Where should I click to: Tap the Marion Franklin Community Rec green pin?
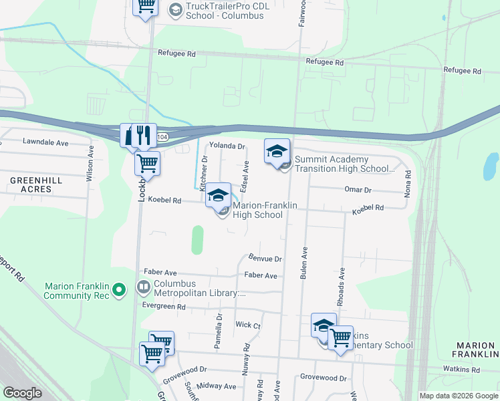point(119,289)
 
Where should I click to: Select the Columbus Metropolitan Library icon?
point(143,288)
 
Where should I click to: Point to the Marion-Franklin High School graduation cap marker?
point(218,195)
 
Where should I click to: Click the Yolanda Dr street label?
point(228,146)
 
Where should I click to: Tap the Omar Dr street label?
point(358,190)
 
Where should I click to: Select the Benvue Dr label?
point(265,258)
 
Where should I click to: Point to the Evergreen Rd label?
point(164,306)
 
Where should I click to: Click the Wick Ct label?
point(247,325)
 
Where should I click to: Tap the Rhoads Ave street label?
point(342,282)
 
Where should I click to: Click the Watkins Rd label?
point(461,369)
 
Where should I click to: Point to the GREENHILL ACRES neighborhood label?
point(36,184)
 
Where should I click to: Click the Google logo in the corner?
point(22,393)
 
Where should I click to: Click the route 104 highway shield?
point(162,136)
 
